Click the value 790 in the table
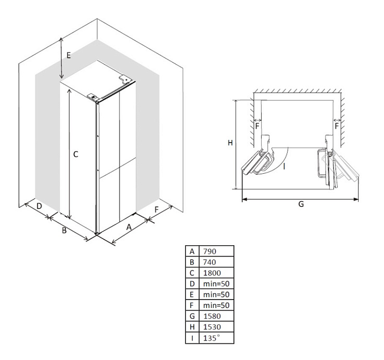tap(210, 252)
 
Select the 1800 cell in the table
tap(212, 273)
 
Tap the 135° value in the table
tap(211, 338)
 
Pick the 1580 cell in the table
tap(212, 316)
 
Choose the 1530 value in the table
tap(212, 327)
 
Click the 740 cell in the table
tap(210, 262)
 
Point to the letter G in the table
tap(192, 316)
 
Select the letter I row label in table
tap(192, 338)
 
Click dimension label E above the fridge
tap(68, 55)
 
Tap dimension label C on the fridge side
tap(76, 154)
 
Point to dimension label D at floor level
tap(39, 206)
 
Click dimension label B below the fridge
tap(64, 231)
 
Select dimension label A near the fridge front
tap(129, 227)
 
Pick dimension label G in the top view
tap(301, 204)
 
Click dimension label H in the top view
tap(230, 143)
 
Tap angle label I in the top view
tap(284, 166)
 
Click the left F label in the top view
tap(257, 126)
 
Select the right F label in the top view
tap(337, 126)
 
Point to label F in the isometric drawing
tap(157, 209)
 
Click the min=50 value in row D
tap(216, 284)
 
